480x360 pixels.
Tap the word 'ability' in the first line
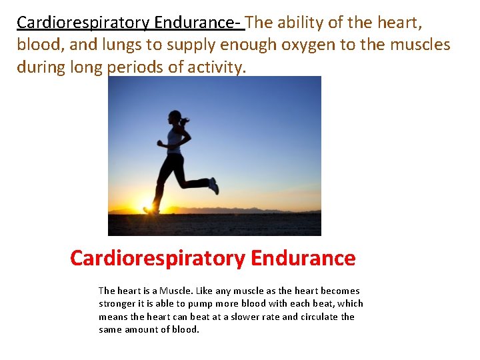tap(301, 23)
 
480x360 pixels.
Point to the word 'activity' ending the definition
tap(217, 67)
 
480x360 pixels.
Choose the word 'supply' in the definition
tap(181, 45)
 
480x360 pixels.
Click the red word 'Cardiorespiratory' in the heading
tap(157, 258)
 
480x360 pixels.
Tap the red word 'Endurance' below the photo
tap(303, 258)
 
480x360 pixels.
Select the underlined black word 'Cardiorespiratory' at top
tap(83, 23)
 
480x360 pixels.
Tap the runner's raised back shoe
tap(213, 185)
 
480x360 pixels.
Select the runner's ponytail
tap(185, 121)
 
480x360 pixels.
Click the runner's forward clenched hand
tap(160, 143)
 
